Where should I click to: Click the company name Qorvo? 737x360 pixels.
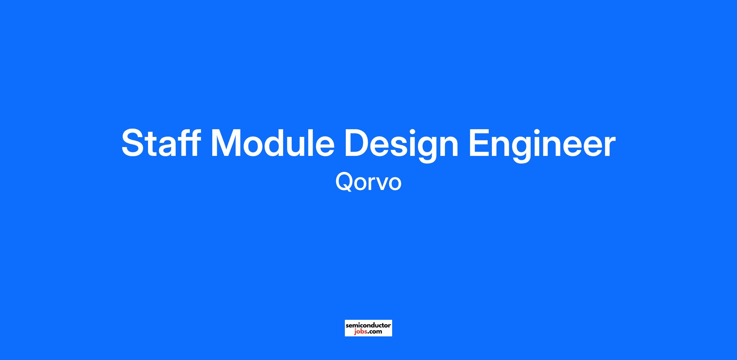368,182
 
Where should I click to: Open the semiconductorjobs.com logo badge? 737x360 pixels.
368,328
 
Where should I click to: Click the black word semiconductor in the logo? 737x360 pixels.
368,325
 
